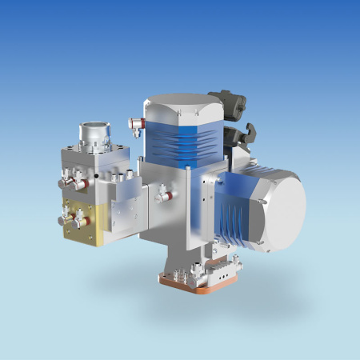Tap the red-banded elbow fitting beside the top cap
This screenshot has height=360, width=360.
135,123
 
